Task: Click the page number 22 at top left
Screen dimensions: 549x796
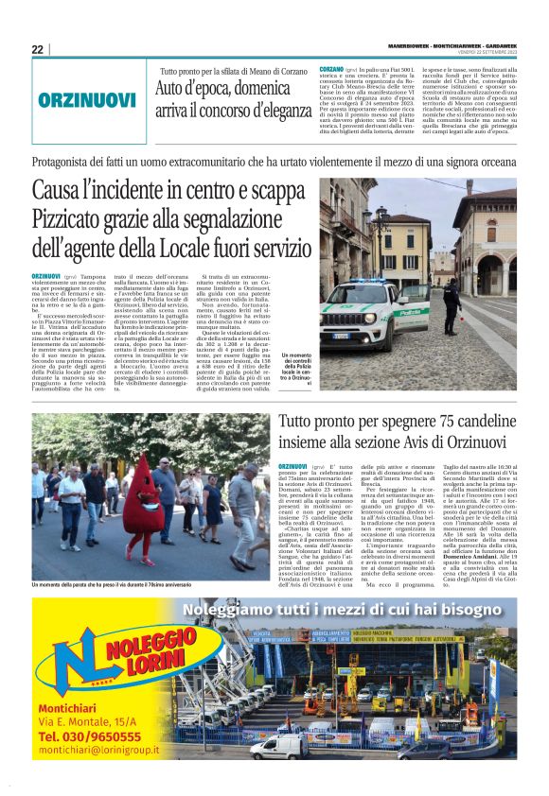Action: [x=37, y=49]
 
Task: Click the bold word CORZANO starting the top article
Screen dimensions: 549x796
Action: [x=331, y=70]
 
